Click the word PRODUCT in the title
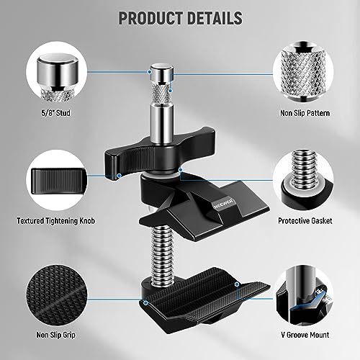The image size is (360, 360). tap(150, 18)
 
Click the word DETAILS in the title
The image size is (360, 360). tap(215, 18)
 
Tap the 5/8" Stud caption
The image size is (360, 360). tap(55, 113)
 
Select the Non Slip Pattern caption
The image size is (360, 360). tap(305, 113)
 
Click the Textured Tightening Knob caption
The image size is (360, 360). tap(56, 221)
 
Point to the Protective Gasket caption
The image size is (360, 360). tap(305, 221)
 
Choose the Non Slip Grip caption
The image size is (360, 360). tap(55, 335)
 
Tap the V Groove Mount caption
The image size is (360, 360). tap(305, 335)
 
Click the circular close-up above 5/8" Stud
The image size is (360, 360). tap(56, 72)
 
